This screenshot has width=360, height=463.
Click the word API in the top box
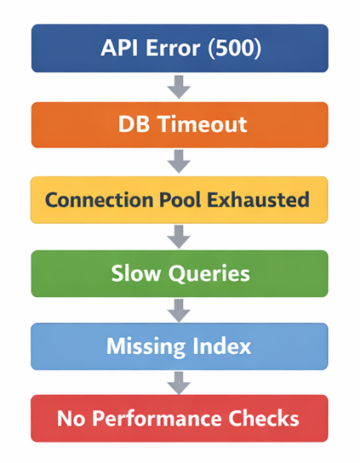coord(120,48)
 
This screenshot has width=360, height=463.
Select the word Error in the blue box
coord(173,48)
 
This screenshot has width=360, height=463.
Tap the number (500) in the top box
coord(235,49)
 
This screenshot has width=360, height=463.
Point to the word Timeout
coord(203,124)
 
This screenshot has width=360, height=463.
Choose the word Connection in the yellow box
coord(100,200)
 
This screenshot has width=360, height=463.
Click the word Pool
coord(180,200)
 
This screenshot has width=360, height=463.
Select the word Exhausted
coord(258,200)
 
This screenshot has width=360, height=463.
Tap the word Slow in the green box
coord(136,273)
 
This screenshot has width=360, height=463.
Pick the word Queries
coord(209,274)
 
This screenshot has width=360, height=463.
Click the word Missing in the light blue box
coord(146,346)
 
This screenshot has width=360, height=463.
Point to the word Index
coord(221,346)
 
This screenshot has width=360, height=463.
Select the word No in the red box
coord(71,419)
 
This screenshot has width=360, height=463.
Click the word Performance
coord(157,419)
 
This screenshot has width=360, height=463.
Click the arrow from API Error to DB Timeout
coord(179,87)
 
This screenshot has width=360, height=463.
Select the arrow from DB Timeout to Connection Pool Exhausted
coord(179,162)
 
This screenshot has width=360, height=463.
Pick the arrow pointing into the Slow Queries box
coord(179,237)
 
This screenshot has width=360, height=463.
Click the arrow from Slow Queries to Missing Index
coord(179,311)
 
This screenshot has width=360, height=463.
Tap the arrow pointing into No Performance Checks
coord(179,383)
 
